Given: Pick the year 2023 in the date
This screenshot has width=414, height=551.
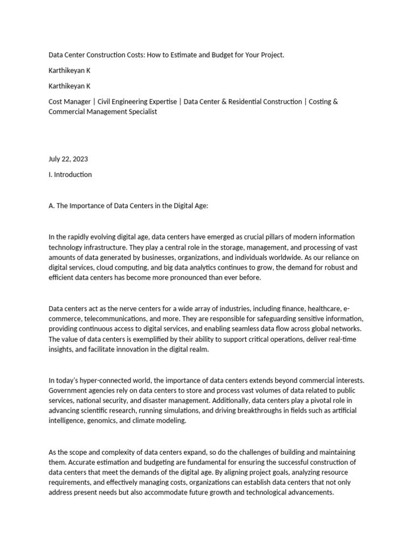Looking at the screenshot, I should (x=79, y=159).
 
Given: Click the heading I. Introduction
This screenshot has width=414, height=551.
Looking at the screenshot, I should (x=70, y=174).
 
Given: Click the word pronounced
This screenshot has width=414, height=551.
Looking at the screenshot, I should (x=197, y=278).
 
